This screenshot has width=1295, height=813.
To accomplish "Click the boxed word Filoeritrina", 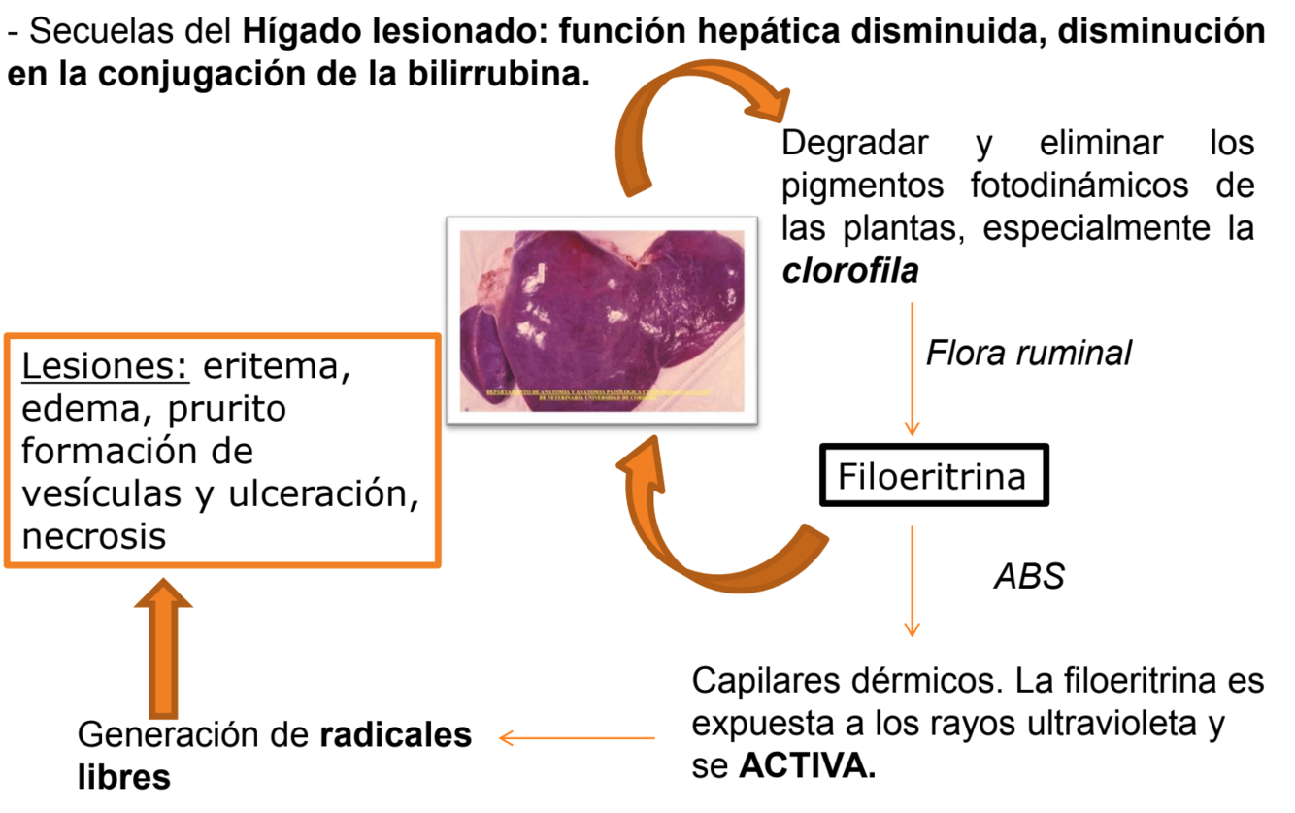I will point(932,476).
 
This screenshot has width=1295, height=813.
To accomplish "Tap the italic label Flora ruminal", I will point(1028,353).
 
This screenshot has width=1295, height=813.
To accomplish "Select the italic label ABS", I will point(1029,577).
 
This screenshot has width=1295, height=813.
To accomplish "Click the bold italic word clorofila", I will point(850,271).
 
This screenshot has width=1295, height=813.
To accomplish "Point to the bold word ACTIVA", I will point(806,767).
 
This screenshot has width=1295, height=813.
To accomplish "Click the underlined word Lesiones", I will point(104,368).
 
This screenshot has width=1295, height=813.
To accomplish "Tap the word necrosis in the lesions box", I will point(93,535).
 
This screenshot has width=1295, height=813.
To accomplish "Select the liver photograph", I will point(602,320).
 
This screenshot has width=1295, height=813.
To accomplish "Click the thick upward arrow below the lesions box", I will point(162,646).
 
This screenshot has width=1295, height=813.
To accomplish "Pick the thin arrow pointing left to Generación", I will point(577,739).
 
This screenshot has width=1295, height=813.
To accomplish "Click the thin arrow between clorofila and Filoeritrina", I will point(912,368).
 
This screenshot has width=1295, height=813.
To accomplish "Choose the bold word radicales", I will point(396,735).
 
